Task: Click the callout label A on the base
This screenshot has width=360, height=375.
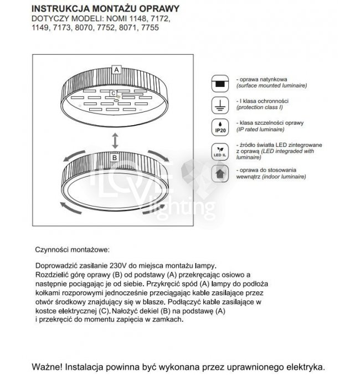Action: (x=116, y=70)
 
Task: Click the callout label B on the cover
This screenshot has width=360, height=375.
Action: (x=115, y=157)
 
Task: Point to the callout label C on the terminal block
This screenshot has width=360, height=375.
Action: (x=113, y=94)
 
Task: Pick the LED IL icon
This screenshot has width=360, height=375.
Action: (x=220, y=151)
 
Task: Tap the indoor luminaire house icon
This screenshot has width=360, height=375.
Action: (x=220, y=174)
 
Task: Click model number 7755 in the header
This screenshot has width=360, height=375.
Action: (x=150, y=27)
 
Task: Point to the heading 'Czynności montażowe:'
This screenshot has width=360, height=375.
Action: (x=73, y=250)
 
